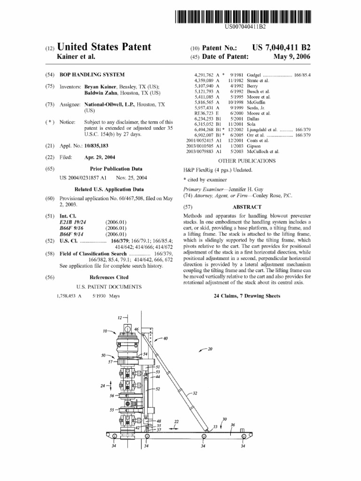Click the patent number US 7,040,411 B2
[281, 47]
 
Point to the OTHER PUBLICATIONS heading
[246, 160]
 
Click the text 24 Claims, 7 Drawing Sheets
[247, 296]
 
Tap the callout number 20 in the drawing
[210, 349]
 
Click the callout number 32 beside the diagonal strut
[194, 393]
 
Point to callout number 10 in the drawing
[105, 331]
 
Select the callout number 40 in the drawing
[165, 338]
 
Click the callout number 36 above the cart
[233, 424]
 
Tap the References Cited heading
[109, 277]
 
